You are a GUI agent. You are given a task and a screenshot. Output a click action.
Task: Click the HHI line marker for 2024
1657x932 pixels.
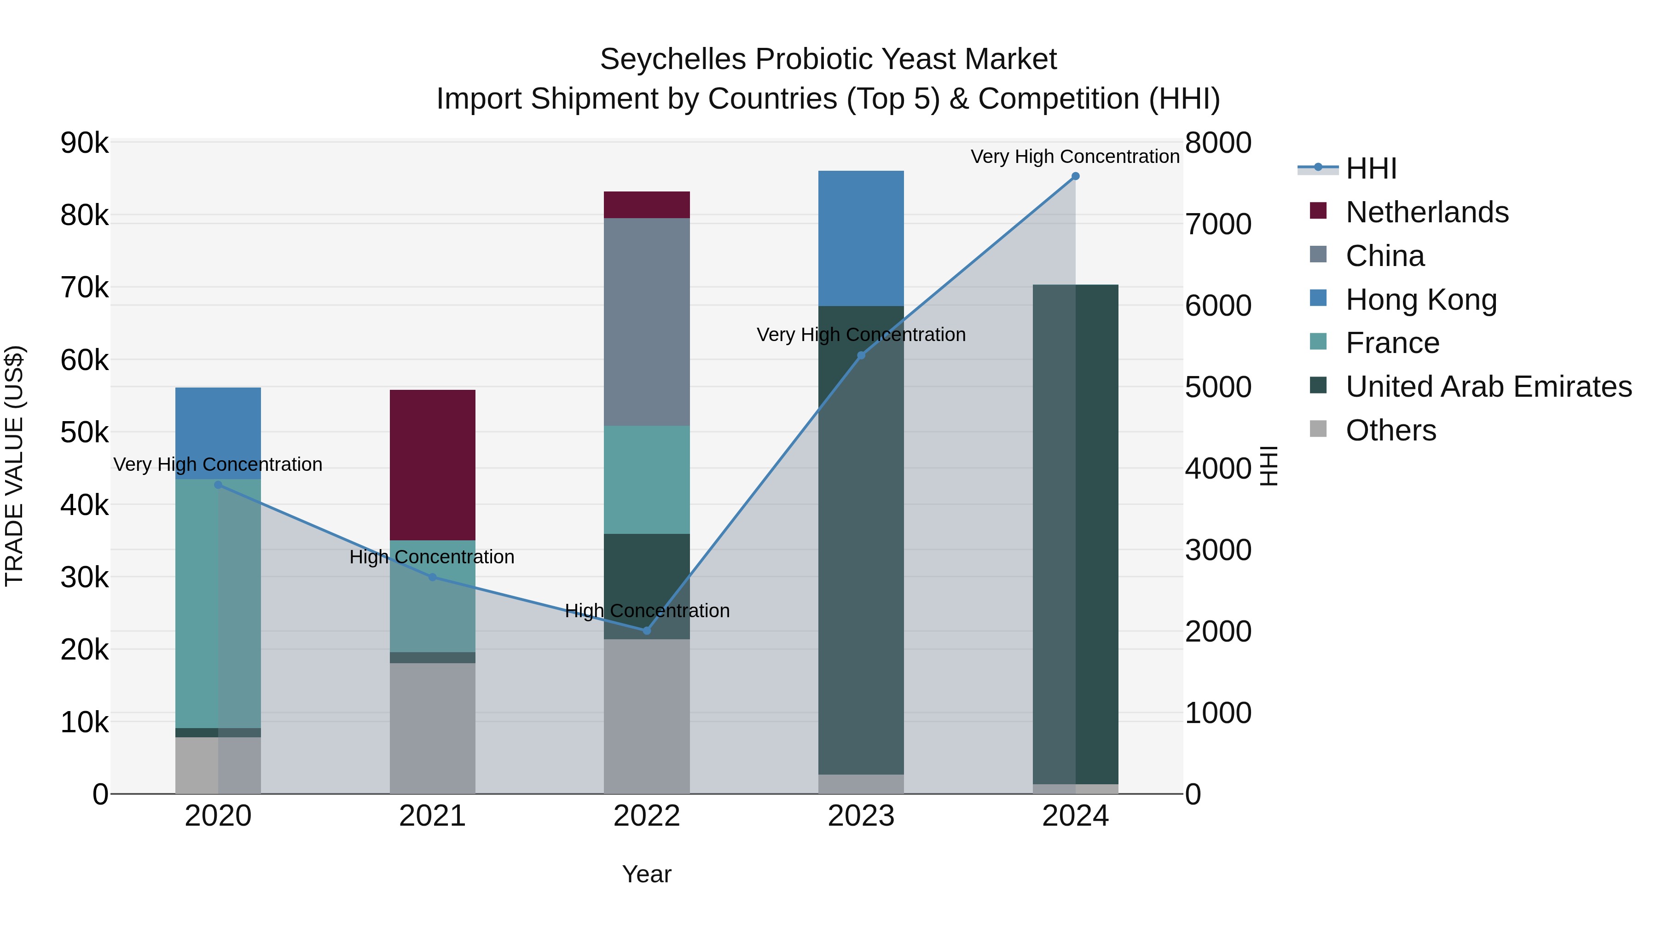coord(1075,176)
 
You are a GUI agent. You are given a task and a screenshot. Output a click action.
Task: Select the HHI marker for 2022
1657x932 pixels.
coord(647,631)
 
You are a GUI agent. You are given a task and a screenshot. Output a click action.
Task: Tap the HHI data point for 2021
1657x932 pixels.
coord(432,577)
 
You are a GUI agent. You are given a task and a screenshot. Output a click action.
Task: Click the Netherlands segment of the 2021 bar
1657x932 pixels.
coord(432,464)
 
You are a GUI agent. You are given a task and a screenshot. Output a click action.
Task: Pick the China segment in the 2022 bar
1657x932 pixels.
coord(647,322)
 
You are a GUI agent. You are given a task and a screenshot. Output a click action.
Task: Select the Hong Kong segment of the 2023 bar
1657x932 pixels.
coord(861,238)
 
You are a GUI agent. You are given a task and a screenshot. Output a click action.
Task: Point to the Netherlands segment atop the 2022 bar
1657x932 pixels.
coord(647,204)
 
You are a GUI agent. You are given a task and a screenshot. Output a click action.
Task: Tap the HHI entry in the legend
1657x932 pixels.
coord(1370,168)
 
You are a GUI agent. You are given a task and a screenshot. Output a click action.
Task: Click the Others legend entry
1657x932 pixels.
coord(1390,430)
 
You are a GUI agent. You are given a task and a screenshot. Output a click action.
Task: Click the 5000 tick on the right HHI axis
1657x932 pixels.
coord(1217,387)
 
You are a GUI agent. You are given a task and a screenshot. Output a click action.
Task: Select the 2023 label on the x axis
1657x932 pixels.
coord(861,816)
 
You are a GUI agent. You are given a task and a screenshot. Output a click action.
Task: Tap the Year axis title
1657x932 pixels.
coord(647,874)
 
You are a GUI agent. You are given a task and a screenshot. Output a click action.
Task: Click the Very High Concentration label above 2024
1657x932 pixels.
coord(1075,156)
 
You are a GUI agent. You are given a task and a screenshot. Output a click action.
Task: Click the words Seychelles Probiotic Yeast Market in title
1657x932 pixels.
coord(828,59)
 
